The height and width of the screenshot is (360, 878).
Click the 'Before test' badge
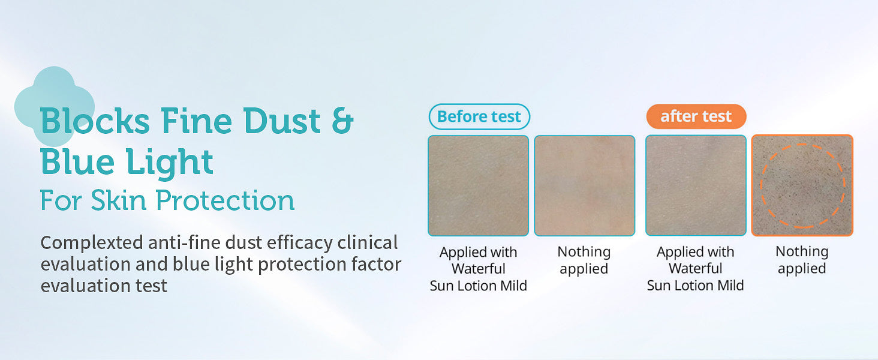coord(479,116)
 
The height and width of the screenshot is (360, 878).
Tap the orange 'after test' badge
coord(696,116)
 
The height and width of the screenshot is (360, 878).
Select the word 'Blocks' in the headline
coord(95,121)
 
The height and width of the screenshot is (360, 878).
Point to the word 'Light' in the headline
coord(169,163)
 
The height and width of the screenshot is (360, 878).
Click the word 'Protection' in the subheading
coord(225,200)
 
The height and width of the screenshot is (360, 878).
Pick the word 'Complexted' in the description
coord(92,243)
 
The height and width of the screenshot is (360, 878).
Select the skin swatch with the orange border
coord(802,185)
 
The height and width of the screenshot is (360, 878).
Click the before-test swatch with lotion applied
coord(478,185)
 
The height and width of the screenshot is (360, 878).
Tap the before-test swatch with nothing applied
coord(584,185)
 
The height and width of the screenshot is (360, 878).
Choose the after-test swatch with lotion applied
coord(696,185)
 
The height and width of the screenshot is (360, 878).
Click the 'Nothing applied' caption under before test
coord(584,260)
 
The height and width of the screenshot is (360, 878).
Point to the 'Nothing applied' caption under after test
coord(802,260)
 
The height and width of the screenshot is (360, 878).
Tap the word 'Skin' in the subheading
coord(119,200)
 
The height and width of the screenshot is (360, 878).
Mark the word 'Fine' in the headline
coord(196,121)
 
